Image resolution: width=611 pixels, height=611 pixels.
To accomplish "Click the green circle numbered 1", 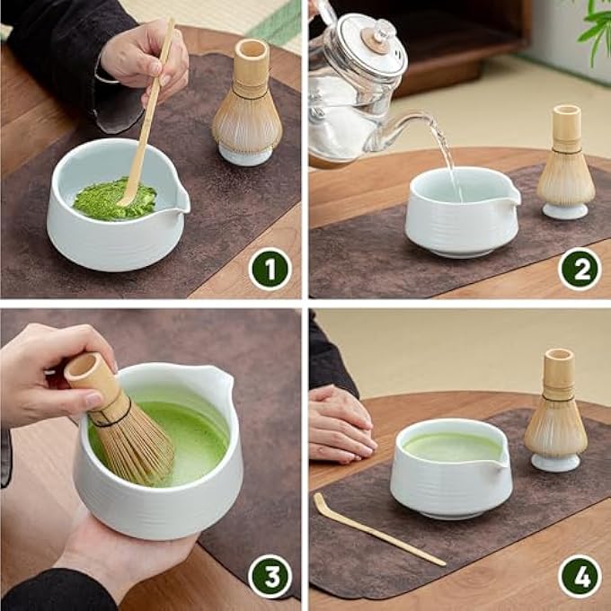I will pyautogui.click(x=270, y=268).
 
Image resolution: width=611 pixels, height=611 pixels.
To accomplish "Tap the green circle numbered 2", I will pyautogui.click(x=580, y=268).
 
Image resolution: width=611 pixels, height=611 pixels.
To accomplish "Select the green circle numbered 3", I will pyautogui.click(x=270, y=576).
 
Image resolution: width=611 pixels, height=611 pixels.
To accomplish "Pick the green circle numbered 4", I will pyautogui.click(x=580, y=576).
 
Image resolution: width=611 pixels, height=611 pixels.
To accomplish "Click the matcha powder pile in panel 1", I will pyautogui.click(x=111, y=199).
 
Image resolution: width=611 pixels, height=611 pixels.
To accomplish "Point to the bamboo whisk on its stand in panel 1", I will pyautogui.click(x=246, y=108).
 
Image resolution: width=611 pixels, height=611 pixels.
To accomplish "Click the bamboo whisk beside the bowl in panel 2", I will pyautogui.click(x=566, y=166).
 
